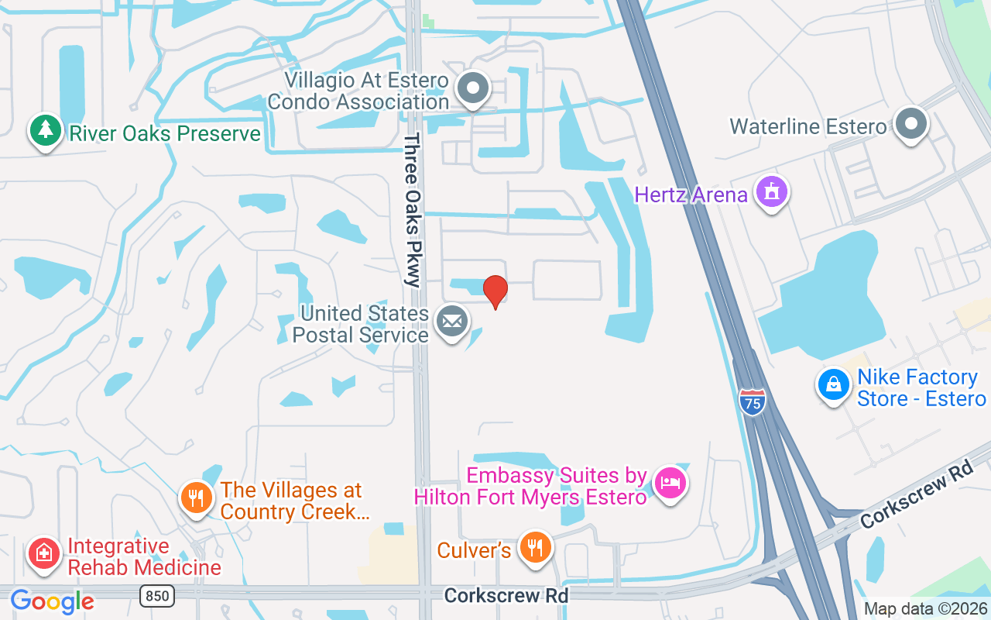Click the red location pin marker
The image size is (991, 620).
tap(495, 291)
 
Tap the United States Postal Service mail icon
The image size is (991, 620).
tap(452, 321)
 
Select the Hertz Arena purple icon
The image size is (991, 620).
tap(771, 191)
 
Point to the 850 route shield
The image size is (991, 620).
tap(157, 596)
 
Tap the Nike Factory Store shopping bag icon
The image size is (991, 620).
tap(834, 384)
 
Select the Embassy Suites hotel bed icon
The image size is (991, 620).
tap(670, 483)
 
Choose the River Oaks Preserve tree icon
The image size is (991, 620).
tap(46, 130)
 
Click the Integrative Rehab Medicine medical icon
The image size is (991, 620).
tap(45, 553)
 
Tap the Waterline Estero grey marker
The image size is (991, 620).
tap(911, 123)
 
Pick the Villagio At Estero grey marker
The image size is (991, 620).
tap(472, 88)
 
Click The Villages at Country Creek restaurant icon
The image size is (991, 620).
tap(197, 498)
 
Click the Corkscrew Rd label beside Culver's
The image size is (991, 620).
tap(506, 595)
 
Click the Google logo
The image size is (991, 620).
tap(52, 601)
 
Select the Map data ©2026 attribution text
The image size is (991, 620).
tap(925, 608)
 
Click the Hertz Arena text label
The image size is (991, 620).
tap(691, 194)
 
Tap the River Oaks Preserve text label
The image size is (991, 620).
tap(165, 133)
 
